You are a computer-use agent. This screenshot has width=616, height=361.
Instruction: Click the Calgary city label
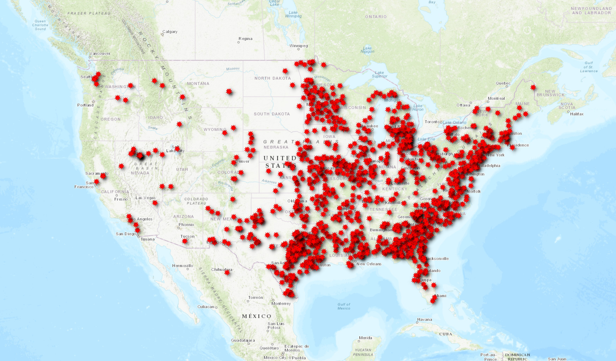(170, 32)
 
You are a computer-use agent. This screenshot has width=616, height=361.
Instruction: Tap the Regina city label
(245, 39)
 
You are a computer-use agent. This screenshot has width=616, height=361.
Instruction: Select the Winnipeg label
(298, 46)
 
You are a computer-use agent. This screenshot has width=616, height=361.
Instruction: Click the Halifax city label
(577, 114)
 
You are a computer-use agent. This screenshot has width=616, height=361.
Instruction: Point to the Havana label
(425, 320)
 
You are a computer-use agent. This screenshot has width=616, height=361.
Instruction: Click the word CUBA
(446, 334)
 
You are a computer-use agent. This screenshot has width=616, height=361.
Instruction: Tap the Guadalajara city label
(243, 340)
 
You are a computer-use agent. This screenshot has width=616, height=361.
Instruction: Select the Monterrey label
(281, 304)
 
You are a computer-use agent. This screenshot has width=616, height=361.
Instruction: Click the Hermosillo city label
(183, 266)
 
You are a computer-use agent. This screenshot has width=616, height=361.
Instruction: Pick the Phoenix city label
(186, 225)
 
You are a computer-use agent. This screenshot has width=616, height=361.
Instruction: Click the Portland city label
(86, 105)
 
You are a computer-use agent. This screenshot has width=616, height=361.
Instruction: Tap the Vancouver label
(100, 54)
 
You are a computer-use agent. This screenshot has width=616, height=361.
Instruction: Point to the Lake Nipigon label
(367, 50)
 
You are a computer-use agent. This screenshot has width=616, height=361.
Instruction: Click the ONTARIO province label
(376, 17)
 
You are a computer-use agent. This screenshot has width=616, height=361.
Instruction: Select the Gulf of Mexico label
(344, 306)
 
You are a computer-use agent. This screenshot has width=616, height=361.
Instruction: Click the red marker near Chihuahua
(227, 272)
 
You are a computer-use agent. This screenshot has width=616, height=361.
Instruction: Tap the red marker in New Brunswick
(533, 87)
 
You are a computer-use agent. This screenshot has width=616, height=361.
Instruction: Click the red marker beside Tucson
(185, 241)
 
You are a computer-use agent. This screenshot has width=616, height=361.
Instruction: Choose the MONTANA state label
(198, 84)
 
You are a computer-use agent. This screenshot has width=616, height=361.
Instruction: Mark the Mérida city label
(365, 338)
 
